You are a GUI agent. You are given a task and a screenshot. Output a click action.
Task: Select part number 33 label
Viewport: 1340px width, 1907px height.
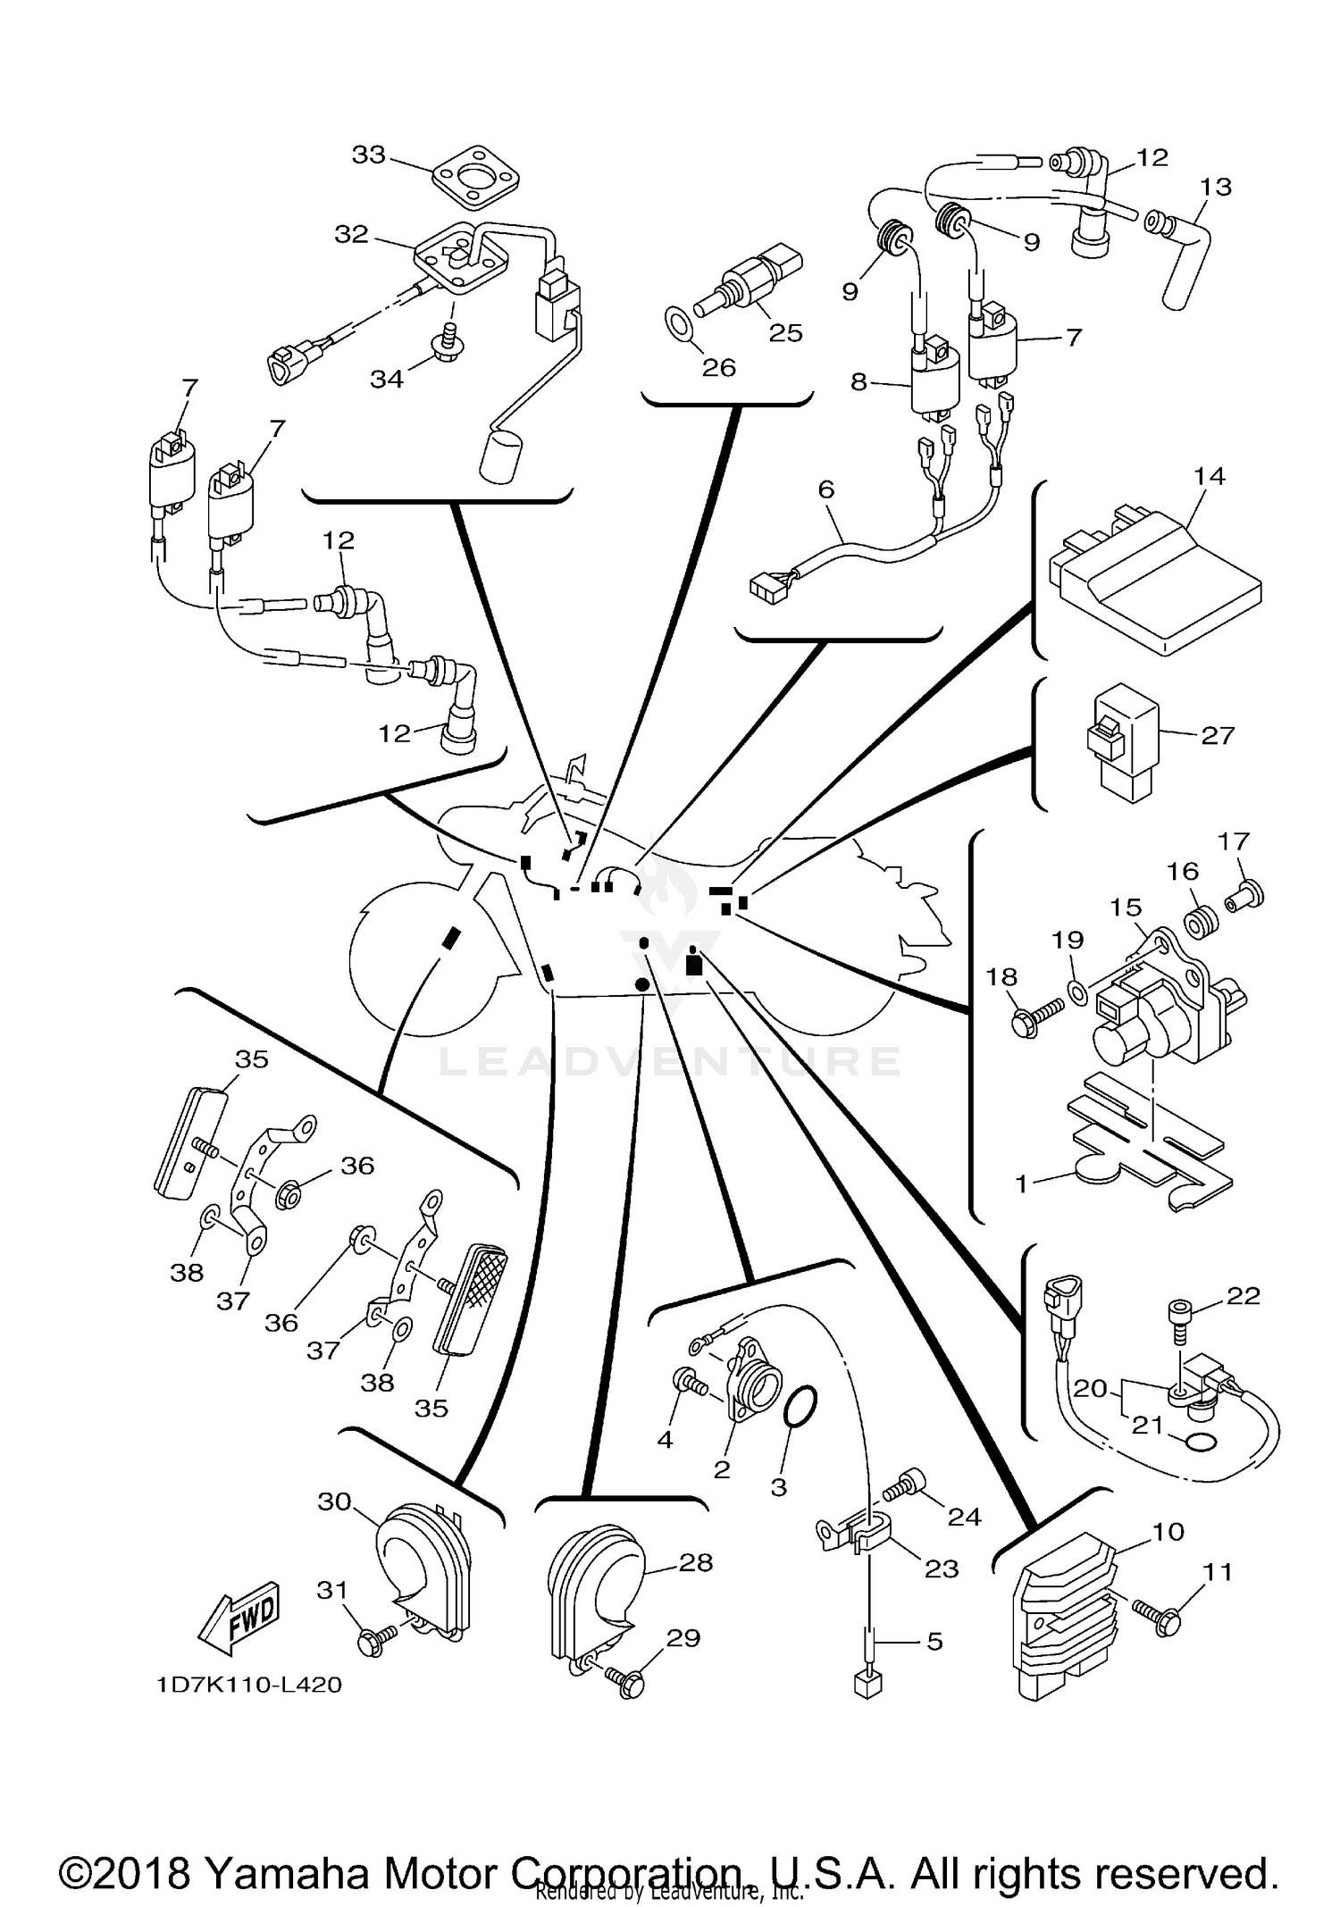[368, 155]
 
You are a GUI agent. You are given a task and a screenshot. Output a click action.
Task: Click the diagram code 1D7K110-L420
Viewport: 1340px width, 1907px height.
[249, 1685]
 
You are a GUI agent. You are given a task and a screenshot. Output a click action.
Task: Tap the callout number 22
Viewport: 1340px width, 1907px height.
[1244, 1295]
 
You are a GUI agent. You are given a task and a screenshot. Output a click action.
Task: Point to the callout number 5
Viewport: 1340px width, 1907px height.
[934, 1641]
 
